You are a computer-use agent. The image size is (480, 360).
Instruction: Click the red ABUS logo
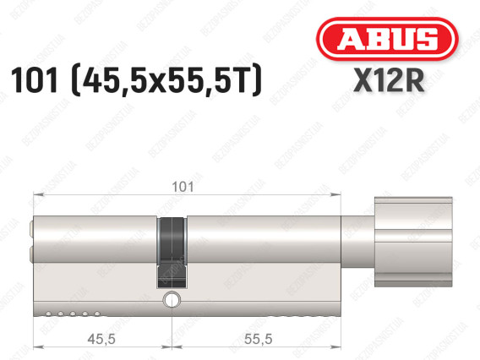pos(387,39)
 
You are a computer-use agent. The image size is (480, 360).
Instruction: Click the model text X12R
pos(389,80)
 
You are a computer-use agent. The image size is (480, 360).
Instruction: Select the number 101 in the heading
pos(34,80)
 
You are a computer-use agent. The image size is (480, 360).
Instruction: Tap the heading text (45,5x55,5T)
pos(166,80)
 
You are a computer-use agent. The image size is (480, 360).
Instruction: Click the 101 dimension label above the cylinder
pos(183,187)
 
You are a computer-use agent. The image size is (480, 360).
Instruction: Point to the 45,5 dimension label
pos(101,339)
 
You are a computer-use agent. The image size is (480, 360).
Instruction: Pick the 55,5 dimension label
pos(258,339)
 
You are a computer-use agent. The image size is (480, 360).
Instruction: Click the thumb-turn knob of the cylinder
pos(413,242)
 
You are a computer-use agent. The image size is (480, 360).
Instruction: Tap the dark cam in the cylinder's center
pos(172,253)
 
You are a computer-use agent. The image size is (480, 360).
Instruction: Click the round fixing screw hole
pos(172,299)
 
